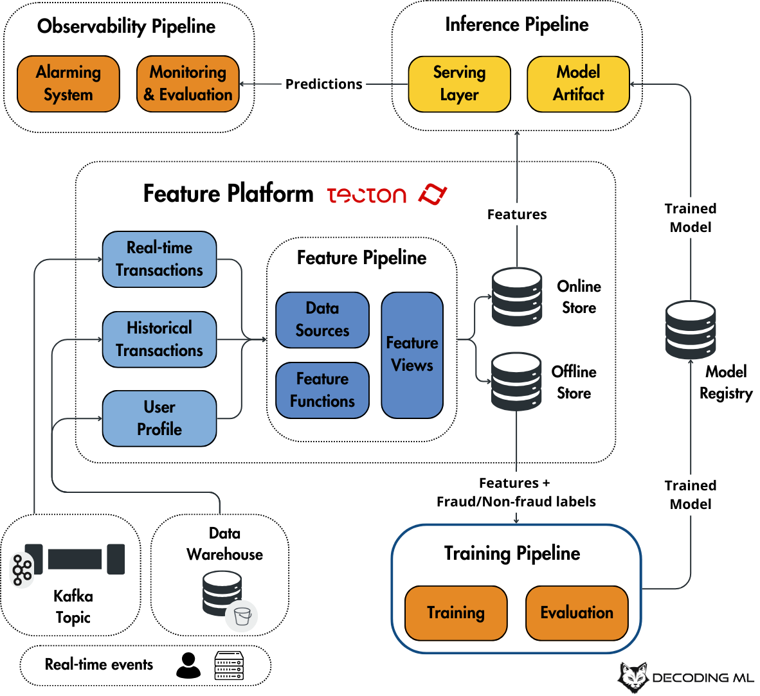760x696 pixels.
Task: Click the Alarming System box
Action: point(68,84)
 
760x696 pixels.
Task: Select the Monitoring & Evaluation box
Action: point(188,84)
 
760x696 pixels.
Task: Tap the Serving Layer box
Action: point(460,84)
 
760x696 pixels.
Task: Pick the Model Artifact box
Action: point(578,84)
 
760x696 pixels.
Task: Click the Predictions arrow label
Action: point(324,84)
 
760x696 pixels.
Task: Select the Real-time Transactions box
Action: point(159,259)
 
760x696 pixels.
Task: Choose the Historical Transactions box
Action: point(159,339)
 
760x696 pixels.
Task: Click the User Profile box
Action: point(159,418)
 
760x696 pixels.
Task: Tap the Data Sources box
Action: point(322,319)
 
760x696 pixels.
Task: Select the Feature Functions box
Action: point(322,390)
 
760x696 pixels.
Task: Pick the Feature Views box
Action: point(412,355)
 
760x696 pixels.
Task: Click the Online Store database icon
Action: point(517,296)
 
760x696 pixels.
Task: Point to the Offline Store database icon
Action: point(516,382)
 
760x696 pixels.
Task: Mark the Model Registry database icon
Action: point(690,330)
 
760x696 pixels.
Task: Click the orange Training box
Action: point(456,613)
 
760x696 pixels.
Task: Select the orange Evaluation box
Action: point(577,613)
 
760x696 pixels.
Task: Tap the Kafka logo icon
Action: point(22,570)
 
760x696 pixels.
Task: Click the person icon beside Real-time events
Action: point(188,666)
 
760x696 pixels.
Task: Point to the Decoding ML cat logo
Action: point(633,677)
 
